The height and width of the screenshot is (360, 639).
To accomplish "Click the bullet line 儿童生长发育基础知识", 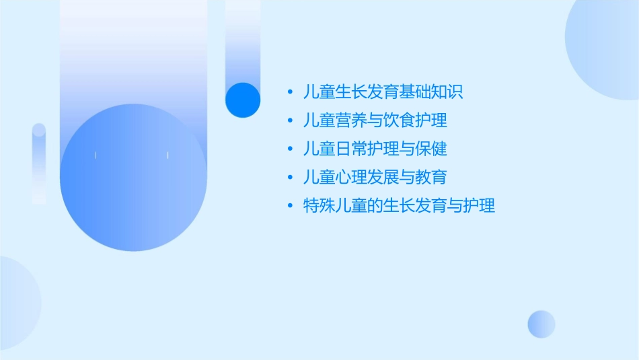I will pos(383,92).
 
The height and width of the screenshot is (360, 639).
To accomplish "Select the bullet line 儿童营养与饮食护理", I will pos(375,120).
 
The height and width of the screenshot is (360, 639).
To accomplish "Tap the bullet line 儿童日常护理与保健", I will pos(375,149).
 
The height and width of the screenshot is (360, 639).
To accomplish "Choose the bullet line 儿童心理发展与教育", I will pos(375,177).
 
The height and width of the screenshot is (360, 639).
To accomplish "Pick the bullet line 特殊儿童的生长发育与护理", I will pos(400,206).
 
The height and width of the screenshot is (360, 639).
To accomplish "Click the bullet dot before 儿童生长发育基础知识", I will pos(290,92).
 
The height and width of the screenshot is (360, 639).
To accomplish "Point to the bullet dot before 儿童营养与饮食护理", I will pos(290,121).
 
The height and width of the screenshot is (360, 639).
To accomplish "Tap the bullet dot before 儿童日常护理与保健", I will pos(290,149).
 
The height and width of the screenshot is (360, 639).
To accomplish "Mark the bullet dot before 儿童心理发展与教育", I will pos(290,178).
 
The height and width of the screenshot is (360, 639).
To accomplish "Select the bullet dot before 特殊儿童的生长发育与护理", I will pos(290,206).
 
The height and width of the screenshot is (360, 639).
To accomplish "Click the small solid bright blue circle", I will pos(243,100).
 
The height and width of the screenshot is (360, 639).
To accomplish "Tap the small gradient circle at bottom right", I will pos(541,324).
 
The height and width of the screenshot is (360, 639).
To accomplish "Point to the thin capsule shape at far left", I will pos(39,164).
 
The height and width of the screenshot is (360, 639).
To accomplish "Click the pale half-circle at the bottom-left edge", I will pos(17,303).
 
